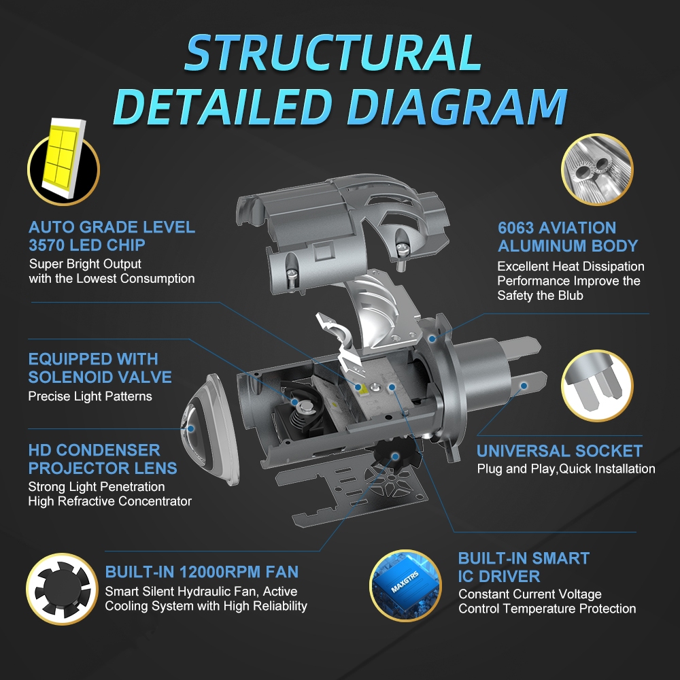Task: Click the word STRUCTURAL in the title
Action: click(x=333, y=53)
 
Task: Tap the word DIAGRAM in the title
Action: click(x=457, y=107)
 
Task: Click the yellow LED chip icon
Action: click(x=64, y=161)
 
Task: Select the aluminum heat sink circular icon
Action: click(x=597, y=169)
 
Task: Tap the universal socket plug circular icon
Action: click(x=597, y=386)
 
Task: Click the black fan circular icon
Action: click(x=63, y=589)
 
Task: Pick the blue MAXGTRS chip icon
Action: click(x=405, y=585)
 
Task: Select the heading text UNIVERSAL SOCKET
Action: click(x=560, y=451)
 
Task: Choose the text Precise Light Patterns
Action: click(x=90, y=396)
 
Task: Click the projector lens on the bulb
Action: click(x=208, y=429)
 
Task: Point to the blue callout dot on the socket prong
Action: click(x=524, y=386)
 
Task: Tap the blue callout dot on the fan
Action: click(x=395, y=456)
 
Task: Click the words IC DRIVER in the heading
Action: click(x=499, y=577)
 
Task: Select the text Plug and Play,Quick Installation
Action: click(x=566, y=469)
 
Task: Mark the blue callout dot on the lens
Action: click(x=191, y=428)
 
